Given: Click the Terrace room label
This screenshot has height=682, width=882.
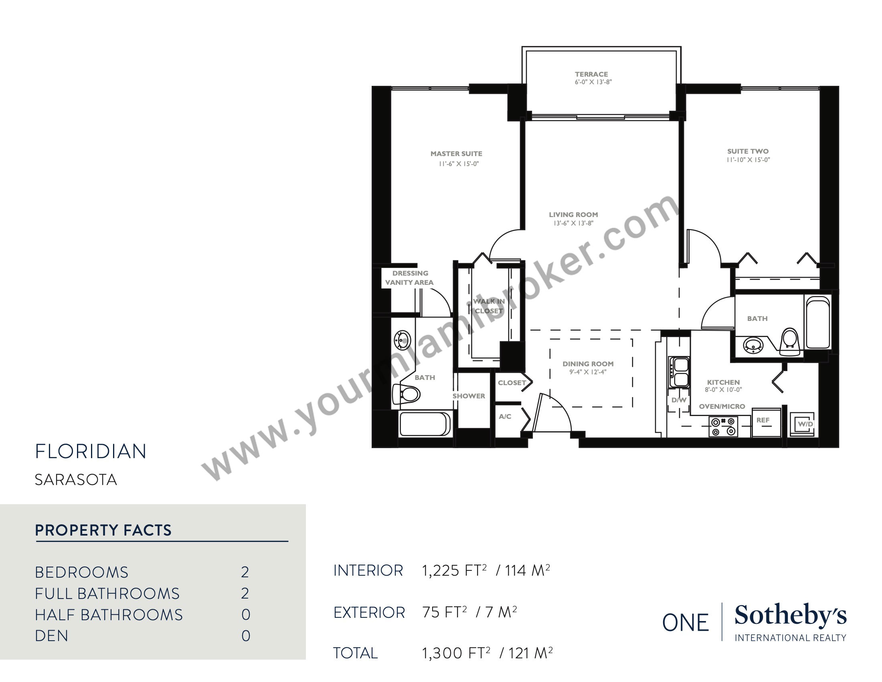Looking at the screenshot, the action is pyautogui.click(x=591, y=74).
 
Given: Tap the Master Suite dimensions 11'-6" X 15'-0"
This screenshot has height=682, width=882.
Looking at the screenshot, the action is pyautogui.click(x=459, y=164).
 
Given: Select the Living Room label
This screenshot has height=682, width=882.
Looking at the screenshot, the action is pyautogui.click(x=573, y=215).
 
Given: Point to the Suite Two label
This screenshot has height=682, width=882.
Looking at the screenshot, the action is pyautogui.click(x=748, y=152).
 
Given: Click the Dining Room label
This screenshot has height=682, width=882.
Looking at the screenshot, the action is pyautogui.click(x=588, y=363).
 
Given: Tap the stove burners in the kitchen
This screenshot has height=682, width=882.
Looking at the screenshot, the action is pyautogui.click(x=723, y=427).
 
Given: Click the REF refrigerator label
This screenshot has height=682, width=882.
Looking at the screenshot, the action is pyautogui.click(x=763, y=420).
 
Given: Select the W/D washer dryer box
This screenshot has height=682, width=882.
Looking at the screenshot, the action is pyautogui.click(x=802, y=423).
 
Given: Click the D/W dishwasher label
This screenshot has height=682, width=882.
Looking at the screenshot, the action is pyautogui.click(x=679, y=400).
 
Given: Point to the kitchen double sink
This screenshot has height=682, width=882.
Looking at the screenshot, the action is pyautogui.click(x=679, y=372).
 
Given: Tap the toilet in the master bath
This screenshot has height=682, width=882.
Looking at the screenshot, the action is pyautogui.click(x=406, y=394).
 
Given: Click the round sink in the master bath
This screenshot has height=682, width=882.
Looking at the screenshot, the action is pyautogui.click(x=403, y=340).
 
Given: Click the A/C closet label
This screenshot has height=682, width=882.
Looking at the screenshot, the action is pyautogui.click(x=505, y=416).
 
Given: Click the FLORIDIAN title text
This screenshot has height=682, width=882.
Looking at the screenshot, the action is pyautogui.click(x=91, y=452).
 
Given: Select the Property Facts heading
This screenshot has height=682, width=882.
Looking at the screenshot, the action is pyautogui.click(x=103, y=530).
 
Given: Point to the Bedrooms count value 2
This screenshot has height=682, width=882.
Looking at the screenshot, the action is pyautogui.click(x=245, y=572).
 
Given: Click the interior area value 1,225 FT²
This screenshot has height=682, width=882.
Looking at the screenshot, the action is pyautogui.click(x=454, y=570).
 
